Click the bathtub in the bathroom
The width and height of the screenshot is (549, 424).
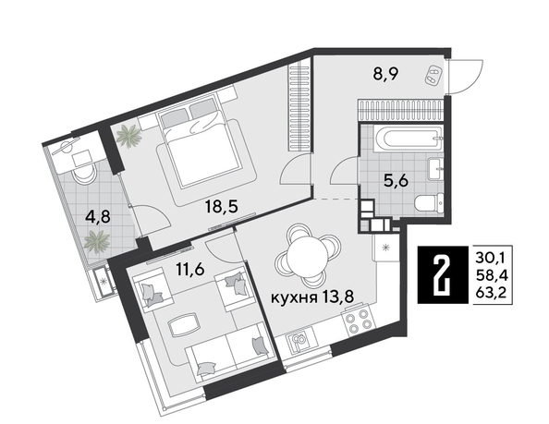pos(404,140)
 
